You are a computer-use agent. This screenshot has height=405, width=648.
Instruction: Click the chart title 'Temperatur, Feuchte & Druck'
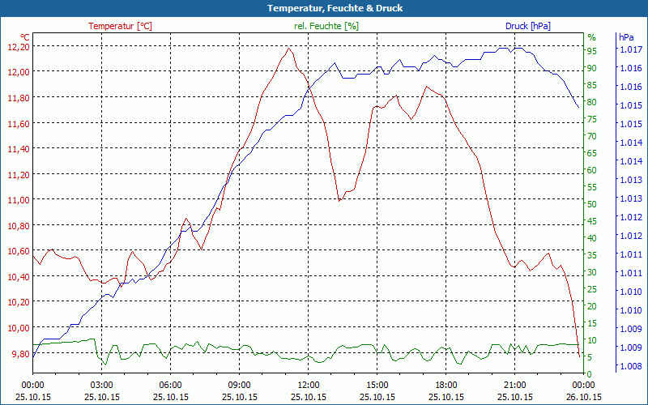pos(324,8)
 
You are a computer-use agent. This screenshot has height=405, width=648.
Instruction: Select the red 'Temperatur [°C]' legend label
pos(120,26)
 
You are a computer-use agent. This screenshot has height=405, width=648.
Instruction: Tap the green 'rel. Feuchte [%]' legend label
pos(326,26)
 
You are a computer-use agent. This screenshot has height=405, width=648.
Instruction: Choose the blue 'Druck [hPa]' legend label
pos(527,26)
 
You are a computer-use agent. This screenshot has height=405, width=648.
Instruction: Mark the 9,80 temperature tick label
pos(18,353)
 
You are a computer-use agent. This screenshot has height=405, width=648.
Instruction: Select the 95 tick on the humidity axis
pos(592,51)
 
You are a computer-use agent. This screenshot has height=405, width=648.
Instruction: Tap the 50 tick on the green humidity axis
pos(592,204)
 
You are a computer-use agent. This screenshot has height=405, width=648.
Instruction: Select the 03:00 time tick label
pos(101,385)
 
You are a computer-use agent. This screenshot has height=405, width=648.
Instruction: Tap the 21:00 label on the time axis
pos(514,385)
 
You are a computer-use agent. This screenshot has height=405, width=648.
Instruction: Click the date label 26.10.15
pos(583,397)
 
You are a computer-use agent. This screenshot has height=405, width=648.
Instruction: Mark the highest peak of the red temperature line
pos(288,48)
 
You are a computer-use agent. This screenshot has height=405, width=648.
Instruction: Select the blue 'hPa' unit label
pos(625,37)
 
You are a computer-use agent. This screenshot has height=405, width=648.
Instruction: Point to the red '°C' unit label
pos(25,37)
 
